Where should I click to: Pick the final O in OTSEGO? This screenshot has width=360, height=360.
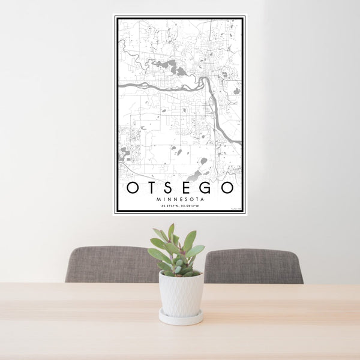click(228, 188)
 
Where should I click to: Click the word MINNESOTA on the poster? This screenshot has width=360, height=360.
click(180, 199)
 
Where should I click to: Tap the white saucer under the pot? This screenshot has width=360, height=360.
click(181, 318)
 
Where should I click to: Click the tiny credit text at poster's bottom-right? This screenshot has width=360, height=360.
click(235, 209)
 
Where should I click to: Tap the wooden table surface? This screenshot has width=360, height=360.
click(90, 324)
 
